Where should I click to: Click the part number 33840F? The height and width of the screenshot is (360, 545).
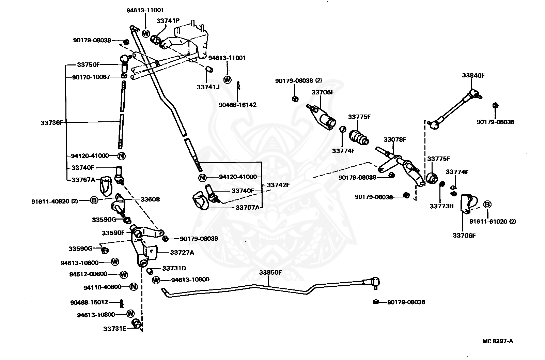click(473, 75)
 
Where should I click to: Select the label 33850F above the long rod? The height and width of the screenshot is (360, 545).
click(270, 273)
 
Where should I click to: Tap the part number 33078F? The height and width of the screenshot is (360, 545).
click(395, 139)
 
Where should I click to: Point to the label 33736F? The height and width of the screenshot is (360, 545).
click(52, 122)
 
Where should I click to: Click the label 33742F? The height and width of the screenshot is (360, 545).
click(278, 185)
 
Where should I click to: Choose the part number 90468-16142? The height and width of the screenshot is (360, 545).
click(237, 105)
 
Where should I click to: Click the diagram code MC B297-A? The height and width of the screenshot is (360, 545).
click(498, 341)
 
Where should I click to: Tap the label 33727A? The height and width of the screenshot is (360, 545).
click(182, 253)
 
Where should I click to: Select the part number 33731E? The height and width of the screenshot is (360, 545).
click(115, 329)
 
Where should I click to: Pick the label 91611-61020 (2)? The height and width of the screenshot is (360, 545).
click(493, 221)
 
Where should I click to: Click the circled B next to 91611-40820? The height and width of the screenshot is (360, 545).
click(94, 200)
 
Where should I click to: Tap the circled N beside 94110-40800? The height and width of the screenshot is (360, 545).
click(133, 287)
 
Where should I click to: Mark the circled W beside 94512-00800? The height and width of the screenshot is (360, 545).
click(124, 275)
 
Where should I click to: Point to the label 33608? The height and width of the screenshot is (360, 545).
click(150, 199)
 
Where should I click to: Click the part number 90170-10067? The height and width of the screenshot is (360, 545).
click(91, 77)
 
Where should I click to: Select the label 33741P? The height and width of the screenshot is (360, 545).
click(168, 21)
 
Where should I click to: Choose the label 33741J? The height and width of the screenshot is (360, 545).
click(208, 87)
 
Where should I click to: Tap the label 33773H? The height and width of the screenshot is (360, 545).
click(441, 206)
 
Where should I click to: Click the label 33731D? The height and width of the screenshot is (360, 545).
click(174, 268)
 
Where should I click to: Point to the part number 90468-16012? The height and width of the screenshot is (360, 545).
click(89, 302)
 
